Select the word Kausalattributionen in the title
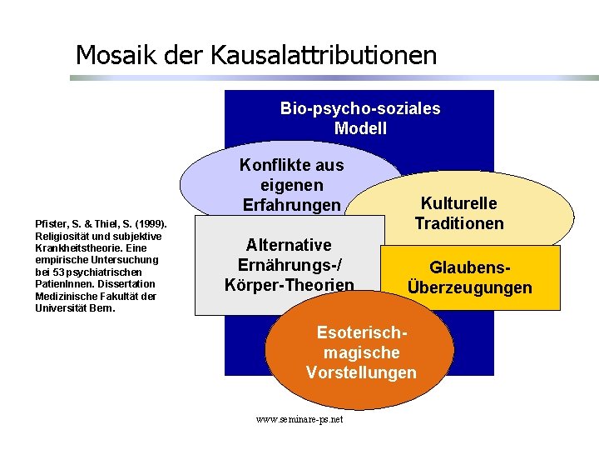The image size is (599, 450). (324, 55)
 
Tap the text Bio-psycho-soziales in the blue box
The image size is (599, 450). (360, 108)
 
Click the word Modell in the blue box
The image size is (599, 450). (360, 128)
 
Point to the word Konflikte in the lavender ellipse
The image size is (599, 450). (291, 165)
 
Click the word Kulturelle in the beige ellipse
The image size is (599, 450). (459, 204)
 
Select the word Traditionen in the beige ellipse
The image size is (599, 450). (459, 223)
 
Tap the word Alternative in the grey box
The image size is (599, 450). (289, 245)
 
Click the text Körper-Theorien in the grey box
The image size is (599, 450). (289, 285)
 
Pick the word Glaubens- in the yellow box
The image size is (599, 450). (470, 267)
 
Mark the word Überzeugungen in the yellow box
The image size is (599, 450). (470, 287)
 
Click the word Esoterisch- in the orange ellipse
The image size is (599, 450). (361, 332)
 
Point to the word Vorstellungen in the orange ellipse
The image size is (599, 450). (361, 372)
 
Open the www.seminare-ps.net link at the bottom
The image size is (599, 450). (299, 419)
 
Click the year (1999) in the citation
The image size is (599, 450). (151, 224)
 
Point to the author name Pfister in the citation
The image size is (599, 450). (50, 224)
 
